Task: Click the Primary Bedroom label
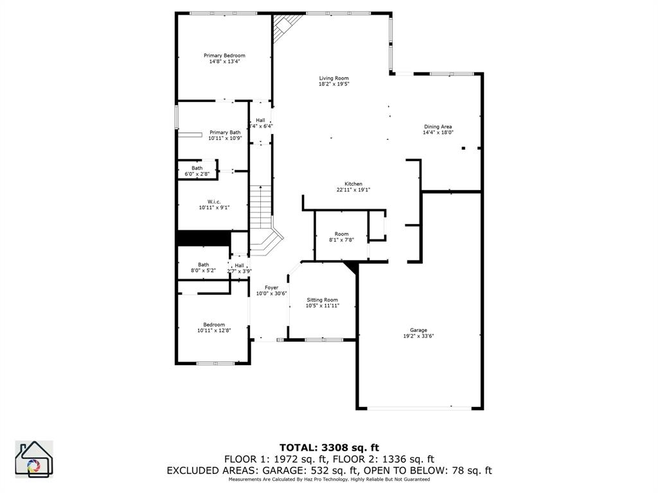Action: point(224,56)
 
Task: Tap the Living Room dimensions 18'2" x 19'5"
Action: point(333,84)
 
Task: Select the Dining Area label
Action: point(438,126)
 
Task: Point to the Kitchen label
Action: point(353,184)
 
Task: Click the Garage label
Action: point(418,330)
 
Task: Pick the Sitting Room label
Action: point(322,300)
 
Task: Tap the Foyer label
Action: point(271,287)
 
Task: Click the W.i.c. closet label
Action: point(214,202)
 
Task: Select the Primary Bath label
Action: point(225,132)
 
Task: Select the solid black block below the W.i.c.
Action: point(203,238)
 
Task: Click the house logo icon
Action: point(33,460)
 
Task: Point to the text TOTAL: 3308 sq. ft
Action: point(328,447)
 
